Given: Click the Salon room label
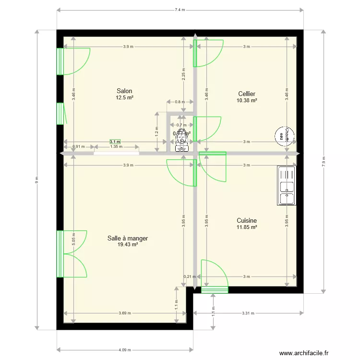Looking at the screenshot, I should click(124, 91).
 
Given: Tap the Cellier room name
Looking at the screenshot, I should click(247, 94).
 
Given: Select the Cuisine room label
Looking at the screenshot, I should click(247, 220).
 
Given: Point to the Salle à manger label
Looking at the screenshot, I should click(128, 238).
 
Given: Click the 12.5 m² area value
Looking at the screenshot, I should click(124, 97).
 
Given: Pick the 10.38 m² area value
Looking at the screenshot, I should click(247, 101).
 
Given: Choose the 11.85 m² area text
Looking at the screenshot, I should click(247, 227).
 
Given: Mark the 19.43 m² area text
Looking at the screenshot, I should click(128, 245).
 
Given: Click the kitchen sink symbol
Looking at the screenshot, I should click(287, 186).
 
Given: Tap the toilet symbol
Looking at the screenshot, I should click(182, 137).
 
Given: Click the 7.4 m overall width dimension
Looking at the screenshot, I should click(180, 10).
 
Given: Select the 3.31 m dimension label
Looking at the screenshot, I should click(247, 313).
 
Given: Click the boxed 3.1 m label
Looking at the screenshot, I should click(115, 142).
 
